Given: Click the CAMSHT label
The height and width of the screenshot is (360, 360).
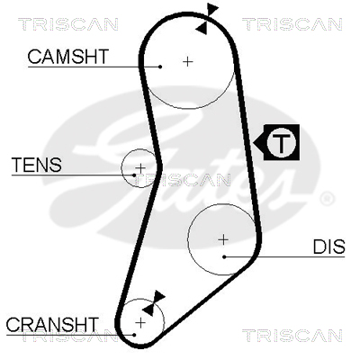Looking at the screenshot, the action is click(67, 57).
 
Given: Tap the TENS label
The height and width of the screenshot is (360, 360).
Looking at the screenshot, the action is click(37, 165).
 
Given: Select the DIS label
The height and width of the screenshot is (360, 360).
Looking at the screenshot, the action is click(328, 247).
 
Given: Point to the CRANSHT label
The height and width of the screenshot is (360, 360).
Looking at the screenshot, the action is click(52, 324).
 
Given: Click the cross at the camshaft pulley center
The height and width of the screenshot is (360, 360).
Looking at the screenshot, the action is click(188, 62).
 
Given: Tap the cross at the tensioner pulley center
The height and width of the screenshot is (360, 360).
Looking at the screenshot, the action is click(140, 168).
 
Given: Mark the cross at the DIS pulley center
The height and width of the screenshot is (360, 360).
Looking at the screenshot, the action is click(223, 239).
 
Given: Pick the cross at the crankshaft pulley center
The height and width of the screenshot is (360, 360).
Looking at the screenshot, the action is click(140, 323).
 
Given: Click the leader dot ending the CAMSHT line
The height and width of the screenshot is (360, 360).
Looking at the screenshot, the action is click(160, 67).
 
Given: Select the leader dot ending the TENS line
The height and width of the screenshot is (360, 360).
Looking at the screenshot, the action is click(134, 175).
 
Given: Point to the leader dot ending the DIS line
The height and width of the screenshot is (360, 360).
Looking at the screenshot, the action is click(224, 256).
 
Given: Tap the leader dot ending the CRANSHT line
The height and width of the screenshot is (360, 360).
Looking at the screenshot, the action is click(134, 335).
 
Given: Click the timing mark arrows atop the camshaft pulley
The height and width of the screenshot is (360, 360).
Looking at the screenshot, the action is click(207, 19).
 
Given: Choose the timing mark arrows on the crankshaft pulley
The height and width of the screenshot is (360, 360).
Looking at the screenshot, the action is click(154, 303).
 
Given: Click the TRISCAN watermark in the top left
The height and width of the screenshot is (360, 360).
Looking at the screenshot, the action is click(68, 24).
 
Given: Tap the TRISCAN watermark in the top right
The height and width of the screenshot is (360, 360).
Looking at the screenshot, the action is click(292, 24).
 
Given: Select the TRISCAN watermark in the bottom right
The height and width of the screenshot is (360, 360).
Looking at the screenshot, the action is click(292, 336).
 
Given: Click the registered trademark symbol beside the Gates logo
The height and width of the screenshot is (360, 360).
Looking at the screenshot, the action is click(327, 199).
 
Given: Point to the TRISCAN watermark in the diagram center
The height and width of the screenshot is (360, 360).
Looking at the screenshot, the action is click(182, 180).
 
